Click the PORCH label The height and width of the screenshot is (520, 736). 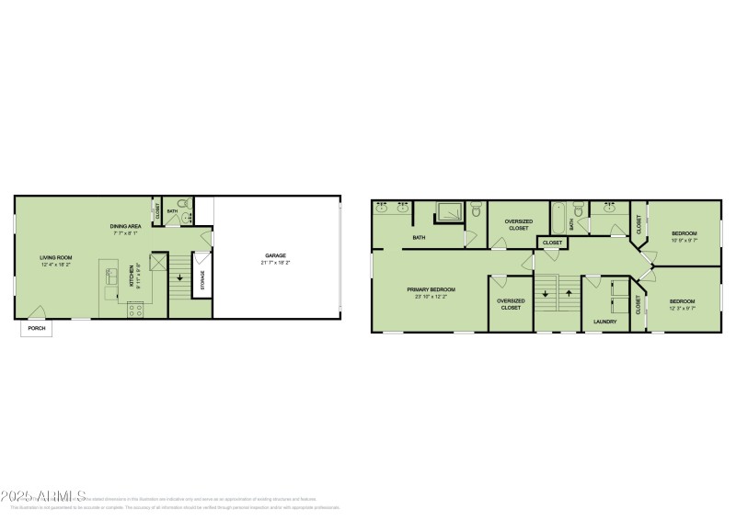(36, 328)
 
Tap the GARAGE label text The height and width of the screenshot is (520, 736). (274, 256)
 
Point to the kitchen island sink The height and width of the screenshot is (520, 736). (111, 276)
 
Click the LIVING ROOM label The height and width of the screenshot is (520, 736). (56, 257)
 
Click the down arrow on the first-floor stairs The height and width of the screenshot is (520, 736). (179, 277)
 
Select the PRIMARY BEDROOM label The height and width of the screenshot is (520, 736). (431, 289)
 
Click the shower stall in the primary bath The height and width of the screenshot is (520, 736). (448, 213)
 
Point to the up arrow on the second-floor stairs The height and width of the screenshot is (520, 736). (568, 294)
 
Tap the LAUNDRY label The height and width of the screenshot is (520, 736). (604, 322)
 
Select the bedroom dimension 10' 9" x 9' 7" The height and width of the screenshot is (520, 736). (684, 241)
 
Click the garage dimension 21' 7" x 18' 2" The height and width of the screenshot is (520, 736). (274, 264)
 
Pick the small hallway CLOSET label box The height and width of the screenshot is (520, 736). (552, 243)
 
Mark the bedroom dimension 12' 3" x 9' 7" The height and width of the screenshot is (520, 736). (682, 309)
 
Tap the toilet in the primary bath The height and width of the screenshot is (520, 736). (476, 211)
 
